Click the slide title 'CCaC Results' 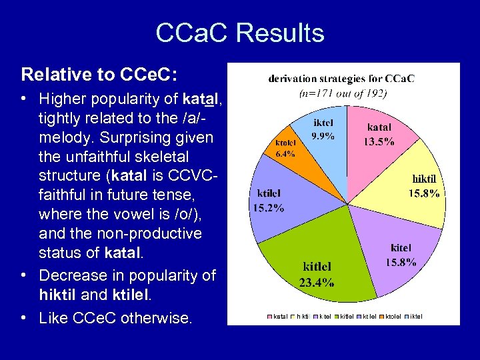240,33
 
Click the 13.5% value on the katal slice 379,141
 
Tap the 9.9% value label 323,136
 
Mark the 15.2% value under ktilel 267,207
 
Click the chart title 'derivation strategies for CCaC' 341,78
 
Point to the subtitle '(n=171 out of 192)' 342,93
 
